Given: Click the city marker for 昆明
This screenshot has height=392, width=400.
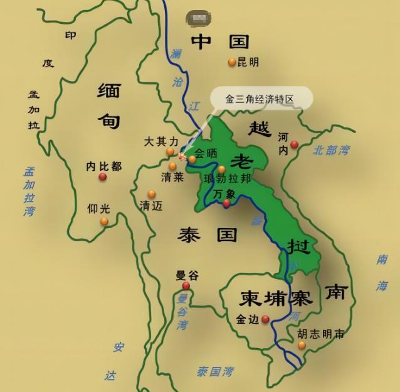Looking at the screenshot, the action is point(232,62).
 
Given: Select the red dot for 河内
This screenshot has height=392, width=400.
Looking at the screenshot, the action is point(294,145).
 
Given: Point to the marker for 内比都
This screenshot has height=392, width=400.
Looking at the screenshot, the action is point(103,177).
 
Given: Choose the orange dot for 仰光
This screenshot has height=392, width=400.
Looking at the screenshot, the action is point(104,221).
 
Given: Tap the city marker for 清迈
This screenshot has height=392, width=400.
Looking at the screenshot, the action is point(152,194).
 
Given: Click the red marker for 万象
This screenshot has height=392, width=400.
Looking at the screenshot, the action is point(226,203).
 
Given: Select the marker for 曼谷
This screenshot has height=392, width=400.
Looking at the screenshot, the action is point(186,286).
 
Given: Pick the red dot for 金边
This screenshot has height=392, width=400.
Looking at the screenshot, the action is point(265,319).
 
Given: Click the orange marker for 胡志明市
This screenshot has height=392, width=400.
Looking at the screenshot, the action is point(302,345).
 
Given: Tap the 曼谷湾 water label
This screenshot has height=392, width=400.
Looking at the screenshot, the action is point(182,312).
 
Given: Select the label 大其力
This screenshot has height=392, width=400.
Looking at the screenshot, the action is point(161,141).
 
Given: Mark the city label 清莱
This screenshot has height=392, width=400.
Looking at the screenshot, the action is point(172,177).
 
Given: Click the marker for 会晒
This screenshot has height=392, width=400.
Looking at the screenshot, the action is point(192,160).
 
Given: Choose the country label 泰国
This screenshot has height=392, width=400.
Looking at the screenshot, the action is point(208,235).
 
